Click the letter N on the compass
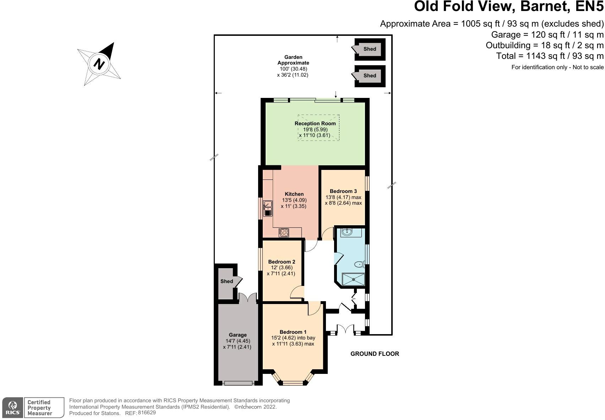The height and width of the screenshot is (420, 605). (99, 64)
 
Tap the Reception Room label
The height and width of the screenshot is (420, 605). (315, 123)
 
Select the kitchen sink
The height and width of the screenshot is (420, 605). (267, 209)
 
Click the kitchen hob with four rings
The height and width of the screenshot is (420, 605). (284, 233)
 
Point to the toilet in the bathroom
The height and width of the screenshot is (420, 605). (359, 264)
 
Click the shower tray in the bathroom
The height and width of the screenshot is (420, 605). (353, 279)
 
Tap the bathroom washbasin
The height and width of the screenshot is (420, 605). (347, 232)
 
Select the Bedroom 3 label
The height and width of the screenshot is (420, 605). (343, 191)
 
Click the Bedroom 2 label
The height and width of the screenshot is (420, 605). (282, 262)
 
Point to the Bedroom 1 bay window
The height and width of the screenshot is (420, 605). (293, 382)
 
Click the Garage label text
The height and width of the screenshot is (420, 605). (238, 335)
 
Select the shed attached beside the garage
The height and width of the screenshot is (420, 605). (227, 281)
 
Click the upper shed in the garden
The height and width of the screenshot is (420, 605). (370, 49)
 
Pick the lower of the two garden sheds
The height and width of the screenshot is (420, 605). (370, 76)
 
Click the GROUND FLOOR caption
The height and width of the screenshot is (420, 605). (375, 354)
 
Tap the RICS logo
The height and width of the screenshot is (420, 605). (13, 408)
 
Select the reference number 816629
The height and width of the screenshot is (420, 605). (147, 413)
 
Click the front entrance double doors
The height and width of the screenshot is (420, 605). (345, 329)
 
